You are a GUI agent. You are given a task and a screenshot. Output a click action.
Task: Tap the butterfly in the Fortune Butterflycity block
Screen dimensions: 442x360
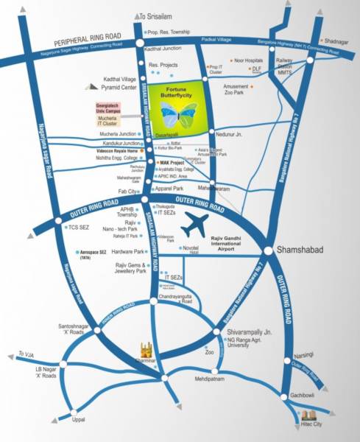[x=178, y=112]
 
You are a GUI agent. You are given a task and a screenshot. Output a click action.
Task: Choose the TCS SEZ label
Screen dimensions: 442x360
[x=71, y=228]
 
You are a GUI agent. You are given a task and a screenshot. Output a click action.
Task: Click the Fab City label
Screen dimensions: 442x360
[x=127, y=192]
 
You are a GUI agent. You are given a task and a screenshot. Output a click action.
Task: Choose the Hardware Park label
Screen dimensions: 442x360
[x=128, y=252]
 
